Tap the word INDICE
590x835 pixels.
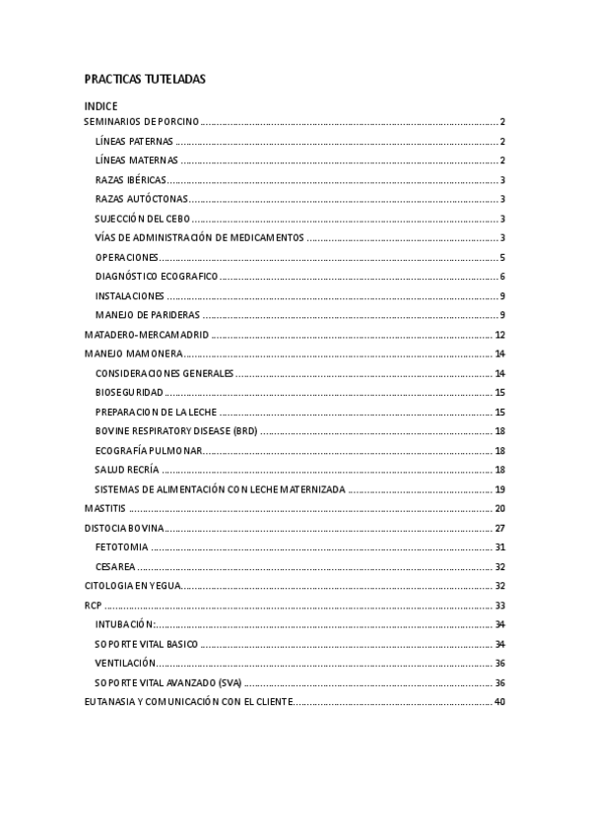(100, 105)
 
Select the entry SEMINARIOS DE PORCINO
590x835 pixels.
(142, 122)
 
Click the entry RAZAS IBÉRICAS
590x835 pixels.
(131, 180)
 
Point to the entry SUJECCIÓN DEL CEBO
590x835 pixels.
(142, 219)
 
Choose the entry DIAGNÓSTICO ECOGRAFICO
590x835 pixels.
(156, 277)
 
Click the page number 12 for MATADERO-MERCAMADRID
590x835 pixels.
(499, 335)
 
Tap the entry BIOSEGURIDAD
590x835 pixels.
(129, 392)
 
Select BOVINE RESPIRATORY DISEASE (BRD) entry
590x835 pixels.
(175, 431)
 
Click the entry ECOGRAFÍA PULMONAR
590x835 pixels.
(149, 450)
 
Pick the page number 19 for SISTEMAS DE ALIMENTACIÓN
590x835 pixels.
(499, 489)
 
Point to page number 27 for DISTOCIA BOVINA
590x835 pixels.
(499, 528)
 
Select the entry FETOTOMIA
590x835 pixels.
(122, 546)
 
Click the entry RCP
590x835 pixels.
(94, 605)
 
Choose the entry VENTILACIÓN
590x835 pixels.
(125, 663)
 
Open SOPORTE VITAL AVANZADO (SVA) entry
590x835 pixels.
(167, 682)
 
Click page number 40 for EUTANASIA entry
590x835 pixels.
(499, 701)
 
